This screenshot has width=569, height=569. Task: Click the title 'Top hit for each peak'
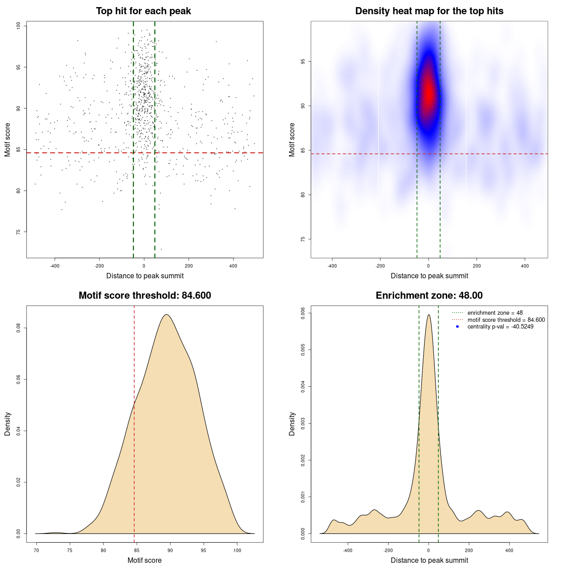(x=143, y=11)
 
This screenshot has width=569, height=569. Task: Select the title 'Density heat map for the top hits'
(x=429, y=11)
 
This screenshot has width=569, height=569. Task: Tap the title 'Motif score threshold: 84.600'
(x=144, y=296)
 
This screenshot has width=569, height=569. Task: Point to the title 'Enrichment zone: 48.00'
(x=429, y=296)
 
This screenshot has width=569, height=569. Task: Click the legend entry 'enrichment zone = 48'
(x=495, y=313)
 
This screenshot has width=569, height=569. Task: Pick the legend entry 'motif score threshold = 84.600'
(x=506, y=320)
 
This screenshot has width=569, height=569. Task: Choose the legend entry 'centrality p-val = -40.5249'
(x=500, y=327)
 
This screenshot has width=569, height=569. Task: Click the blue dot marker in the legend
(x=457, y=327)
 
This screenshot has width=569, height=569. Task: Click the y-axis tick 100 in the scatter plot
(x=19, y=26)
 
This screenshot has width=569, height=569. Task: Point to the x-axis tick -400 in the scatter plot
(x=55, y=266)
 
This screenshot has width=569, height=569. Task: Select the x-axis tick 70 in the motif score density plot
(x=36, y=550)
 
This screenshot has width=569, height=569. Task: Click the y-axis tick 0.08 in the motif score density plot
(x=19, y=328)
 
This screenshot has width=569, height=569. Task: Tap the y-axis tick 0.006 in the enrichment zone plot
(x=303, y=313)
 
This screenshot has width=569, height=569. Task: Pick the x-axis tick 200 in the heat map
(x=477, y=266)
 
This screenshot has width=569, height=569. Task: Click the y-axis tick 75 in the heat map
(x=303, y=239)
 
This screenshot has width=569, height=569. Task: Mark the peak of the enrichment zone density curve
(x=429, y=315)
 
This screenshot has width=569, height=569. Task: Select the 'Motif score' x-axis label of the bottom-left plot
(x=144, y=561)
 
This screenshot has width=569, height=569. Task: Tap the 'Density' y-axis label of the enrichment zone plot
(x=292, y=424)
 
